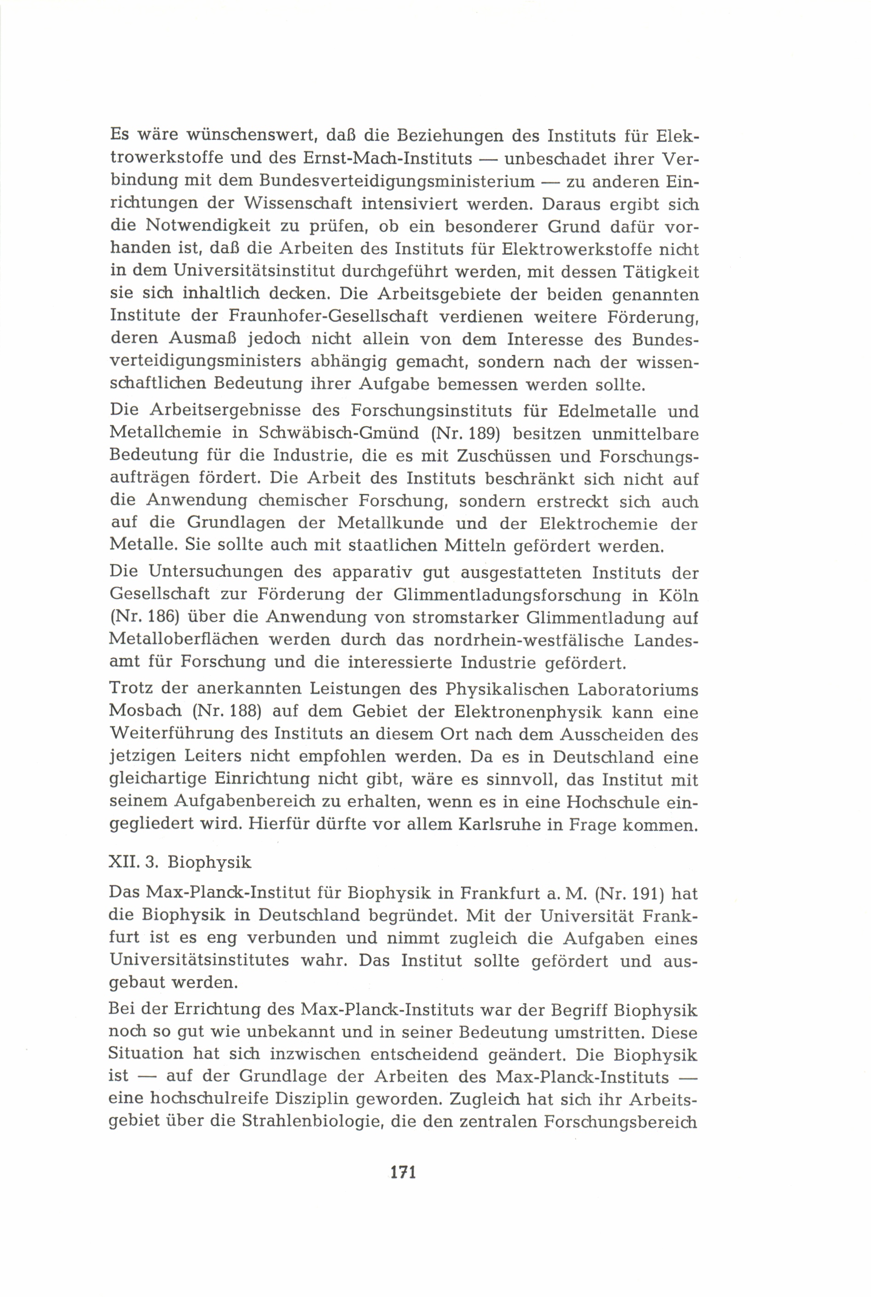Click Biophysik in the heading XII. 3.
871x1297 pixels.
pyautogui.click(x=209, y=862)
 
